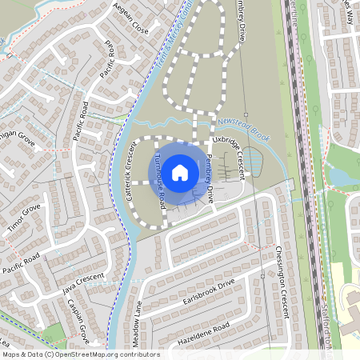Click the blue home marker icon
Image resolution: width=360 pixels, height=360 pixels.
coord(180,172)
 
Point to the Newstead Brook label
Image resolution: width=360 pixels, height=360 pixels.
coord(244,129)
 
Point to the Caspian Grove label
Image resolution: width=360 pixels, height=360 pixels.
coord(78,319)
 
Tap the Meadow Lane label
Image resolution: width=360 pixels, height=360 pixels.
coord(138,323)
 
